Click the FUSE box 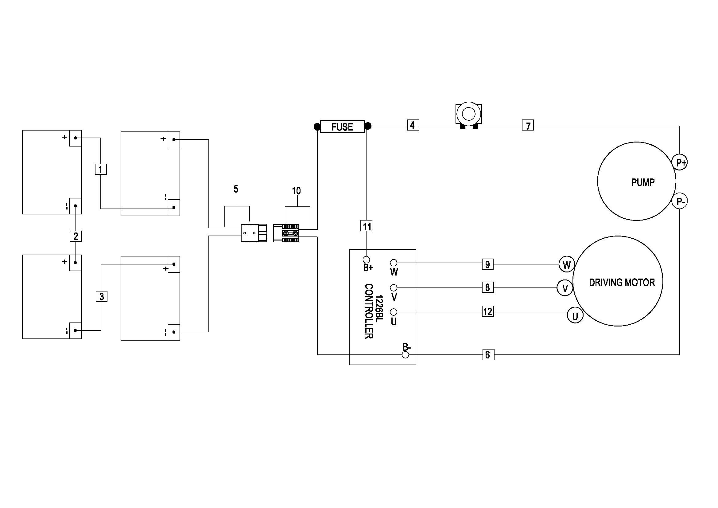(x=343, y=126)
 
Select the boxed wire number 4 (x=413, y=125)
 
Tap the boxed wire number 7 (x=528, y=125)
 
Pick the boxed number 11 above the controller (x=367, y=226)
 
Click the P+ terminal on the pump (x=680, y=162)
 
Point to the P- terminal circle (x=680, y=201)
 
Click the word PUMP (x=642, y=182)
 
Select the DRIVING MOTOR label (x=622, y=283)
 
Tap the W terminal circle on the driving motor (x=567, y=265)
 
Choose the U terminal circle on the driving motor (x=575, y=316)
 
